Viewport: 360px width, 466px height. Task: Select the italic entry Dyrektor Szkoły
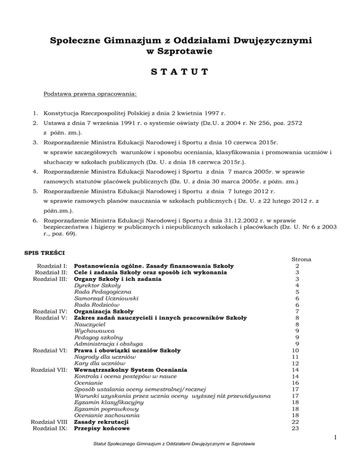click(x=97, y=285)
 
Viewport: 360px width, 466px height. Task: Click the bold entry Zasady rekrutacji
click(x=102, y=422)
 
